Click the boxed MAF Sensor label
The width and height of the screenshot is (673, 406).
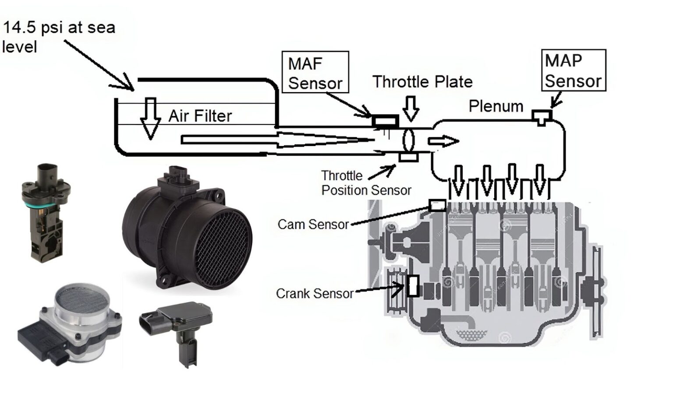[315, 72]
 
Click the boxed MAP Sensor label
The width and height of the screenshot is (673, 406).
[574, 71]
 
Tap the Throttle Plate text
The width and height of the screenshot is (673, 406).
[422, 82]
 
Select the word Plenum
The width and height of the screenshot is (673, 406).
[496, 106]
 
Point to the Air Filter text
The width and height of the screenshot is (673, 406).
[200, 116]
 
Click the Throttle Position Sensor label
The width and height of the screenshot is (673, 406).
[365, 183]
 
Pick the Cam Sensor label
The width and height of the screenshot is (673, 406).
[313, 224]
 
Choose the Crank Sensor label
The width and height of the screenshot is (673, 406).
[314, 293]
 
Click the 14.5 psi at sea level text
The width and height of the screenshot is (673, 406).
[58, 36]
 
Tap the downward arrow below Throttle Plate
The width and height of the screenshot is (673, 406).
[411, 108]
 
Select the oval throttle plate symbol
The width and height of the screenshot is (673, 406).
[409, 140]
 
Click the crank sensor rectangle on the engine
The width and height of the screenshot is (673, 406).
[412, 285]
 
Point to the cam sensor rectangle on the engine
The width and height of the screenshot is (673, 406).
[437, 205]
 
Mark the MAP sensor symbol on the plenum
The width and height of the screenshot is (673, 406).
[542, 117]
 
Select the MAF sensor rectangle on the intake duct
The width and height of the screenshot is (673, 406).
[385, 121]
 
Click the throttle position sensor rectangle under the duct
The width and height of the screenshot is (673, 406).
[409, 157]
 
